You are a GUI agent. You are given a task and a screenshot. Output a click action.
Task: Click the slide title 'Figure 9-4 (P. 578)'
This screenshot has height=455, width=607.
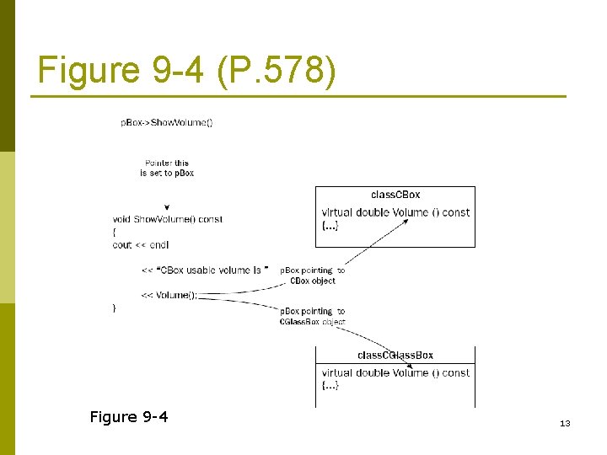(187, 70)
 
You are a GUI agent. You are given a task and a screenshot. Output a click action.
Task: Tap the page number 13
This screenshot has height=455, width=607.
(565, 423)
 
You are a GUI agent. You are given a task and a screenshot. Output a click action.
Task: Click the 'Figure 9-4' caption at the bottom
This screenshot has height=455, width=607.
(129, 416)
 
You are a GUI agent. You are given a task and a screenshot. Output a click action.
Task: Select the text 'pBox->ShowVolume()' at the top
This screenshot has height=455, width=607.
(167, 122)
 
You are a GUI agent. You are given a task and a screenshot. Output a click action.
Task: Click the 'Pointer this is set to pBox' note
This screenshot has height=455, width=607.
(167, 168)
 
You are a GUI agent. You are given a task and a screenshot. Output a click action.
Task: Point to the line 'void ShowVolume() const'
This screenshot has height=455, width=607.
(168, 219)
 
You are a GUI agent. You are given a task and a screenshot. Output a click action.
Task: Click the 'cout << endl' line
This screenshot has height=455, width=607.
(141, 244)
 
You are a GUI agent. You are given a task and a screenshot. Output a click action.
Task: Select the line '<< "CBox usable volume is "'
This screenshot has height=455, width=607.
(205, 270)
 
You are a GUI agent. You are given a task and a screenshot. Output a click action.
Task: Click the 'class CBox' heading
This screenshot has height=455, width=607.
(395, 195)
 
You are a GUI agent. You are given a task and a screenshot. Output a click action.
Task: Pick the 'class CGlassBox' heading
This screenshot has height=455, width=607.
(395, 355)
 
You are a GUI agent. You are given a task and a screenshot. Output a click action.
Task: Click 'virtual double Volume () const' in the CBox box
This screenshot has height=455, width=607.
(395, 212)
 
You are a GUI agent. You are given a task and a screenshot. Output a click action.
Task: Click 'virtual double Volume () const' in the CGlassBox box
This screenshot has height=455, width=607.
(395, 372)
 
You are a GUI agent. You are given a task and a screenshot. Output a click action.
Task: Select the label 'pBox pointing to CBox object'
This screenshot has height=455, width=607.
(312, 276)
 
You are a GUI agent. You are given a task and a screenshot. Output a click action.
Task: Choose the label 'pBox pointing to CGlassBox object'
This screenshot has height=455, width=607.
(312, 316)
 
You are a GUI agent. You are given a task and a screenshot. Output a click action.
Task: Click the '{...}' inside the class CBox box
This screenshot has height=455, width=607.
(330, 225)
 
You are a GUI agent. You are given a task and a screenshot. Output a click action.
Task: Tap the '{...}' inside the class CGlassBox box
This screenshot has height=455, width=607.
(330, 385)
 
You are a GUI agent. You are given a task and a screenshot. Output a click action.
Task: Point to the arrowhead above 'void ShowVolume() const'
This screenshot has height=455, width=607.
(168, 207)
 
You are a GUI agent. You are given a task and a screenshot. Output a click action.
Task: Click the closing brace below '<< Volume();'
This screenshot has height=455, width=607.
(115, 308)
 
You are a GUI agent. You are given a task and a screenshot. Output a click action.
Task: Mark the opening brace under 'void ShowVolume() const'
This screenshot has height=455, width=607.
(115, 232)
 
